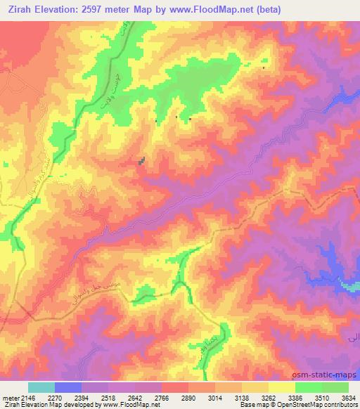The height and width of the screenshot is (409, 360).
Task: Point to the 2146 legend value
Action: coord(27,397)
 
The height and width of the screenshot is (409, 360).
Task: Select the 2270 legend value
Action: coord(55,397)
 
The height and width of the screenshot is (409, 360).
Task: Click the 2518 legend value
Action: coord(109,397)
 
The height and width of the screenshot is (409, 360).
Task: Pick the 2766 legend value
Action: coord(162,397)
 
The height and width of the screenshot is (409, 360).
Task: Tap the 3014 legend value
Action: coord(216,397)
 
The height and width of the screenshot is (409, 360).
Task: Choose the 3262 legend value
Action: coord(269,397)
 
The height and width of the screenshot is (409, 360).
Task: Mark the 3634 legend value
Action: coord(348,397)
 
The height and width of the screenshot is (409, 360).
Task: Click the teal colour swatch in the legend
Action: coord(41,387)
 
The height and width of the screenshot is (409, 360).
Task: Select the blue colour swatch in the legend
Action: coord(68,387)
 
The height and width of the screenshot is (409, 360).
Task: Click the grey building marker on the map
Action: coord(143,162)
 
